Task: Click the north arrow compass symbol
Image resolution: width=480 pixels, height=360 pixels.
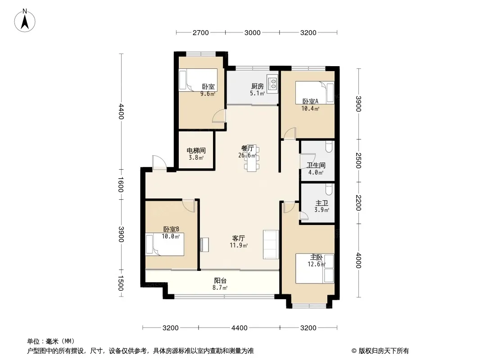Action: [25, 21]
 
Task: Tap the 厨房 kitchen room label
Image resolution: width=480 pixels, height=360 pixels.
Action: [258, 86]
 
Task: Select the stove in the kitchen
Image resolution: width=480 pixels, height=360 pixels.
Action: [272, 82]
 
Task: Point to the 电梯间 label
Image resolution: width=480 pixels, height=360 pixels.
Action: [196, 151]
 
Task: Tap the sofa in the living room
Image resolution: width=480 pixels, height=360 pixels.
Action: [271, 244]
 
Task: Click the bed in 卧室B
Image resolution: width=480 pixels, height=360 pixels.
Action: [165, 244]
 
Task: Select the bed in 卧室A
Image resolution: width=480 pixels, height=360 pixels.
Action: [315, 93]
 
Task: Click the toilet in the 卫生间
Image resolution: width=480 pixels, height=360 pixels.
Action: [329, 147]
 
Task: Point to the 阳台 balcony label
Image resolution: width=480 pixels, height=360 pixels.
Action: [220, 280]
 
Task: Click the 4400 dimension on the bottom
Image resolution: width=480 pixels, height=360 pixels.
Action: [239, 328]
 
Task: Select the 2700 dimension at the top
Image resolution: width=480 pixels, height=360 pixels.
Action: [200, 33]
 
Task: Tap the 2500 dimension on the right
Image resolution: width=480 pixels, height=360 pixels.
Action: [358, 160]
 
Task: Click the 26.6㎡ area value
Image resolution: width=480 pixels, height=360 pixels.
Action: [247, 155]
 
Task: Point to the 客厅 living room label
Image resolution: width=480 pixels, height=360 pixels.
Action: [239, 238]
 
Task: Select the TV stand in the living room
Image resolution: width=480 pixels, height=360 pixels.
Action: [204, 244]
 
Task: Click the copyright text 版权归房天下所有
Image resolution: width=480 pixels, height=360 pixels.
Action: [384, 351]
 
